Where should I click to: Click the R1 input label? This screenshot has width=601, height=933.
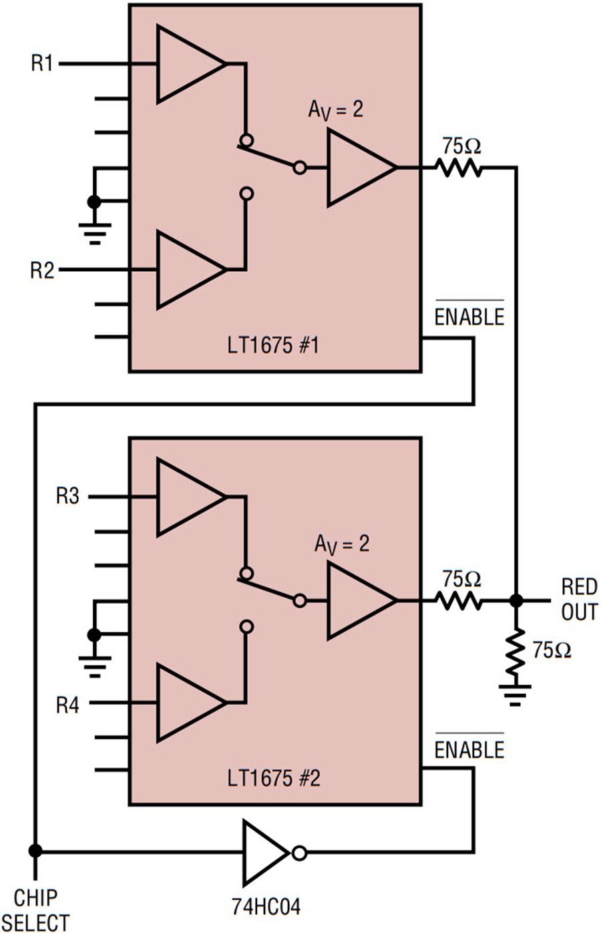42,63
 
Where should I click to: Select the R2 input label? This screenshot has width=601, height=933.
42,270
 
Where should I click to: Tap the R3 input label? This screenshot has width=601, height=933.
67,496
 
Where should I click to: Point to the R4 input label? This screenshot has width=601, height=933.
67,705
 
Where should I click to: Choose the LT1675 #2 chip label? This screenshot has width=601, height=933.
274,778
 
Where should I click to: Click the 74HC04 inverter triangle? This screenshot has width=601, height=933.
266,854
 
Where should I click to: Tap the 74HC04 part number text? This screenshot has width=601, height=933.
266,906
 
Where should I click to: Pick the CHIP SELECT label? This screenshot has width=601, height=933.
36,910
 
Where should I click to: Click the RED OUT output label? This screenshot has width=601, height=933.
580,599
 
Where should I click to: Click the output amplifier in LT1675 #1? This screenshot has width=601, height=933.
361,168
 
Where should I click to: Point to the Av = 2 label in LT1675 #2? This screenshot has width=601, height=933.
342,544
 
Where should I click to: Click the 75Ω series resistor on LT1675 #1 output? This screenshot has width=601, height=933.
459,168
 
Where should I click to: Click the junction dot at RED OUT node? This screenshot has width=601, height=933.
516,600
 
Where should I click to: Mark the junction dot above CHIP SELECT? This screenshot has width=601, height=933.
35,851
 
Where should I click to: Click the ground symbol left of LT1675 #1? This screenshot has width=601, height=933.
95,233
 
